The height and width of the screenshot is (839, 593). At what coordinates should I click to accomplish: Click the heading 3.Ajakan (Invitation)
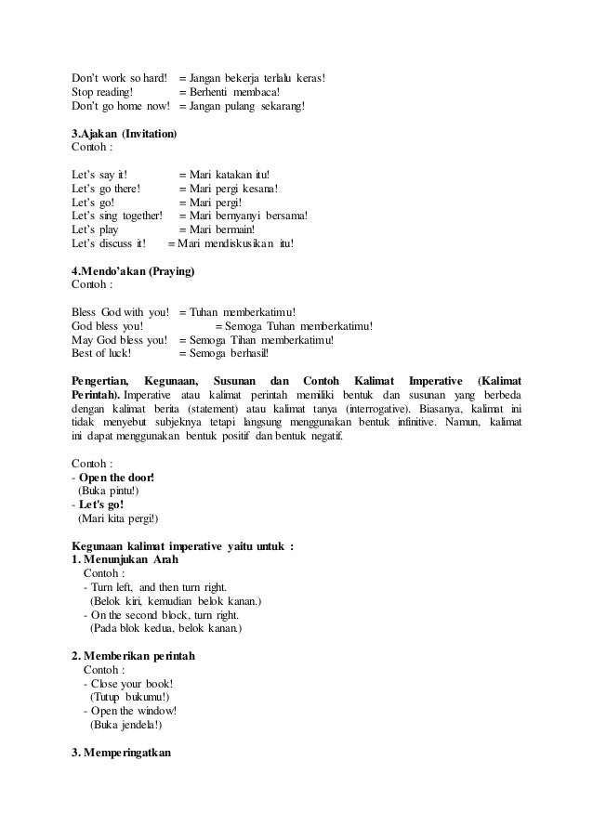(x=125, y=134)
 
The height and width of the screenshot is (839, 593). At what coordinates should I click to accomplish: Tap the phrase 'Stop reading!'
(x=102, y=92)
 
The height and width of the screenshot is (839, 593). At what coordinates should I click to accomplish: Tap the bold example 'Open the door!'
(x=117, y=477)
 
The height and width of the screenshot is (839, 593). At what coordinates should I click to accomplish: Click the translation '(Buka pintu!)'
(x=109, y=491)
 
